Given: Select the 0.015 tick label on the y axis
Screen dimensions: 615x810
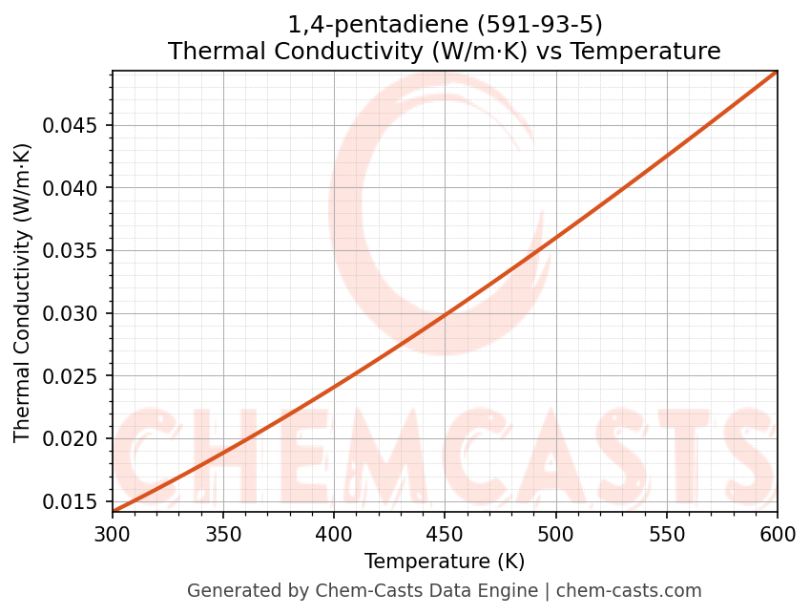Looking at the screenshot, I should (x=77, y=501).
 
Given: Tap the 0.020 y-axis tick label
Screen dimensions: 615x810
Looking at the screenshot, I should (x=77, y=439).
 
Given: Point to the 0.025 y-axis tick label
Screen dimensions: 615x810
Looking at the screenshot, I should (x=77, y=376).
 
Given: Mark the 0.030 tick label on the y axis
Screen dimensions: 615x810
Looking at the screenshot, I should (x=77, y=313).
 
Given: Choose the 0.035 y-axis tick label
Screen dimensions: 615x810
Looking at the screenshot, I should (x=77, y=251).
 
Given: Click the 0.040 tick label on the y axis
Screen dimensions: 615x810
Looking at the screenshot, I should (x=77, y=188).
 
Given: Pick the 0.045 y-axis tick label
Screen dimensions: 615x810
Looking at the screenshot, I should (x=77, y=125).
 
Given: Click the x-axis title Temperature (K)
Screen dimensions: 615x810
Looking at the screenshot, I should (x=445, y=561).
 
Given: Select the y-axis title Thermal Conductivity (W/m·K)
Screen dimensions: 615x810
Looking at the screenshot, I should (x=23, y=292).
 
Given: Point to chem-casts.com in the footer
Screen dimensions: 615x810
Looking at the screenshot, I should (x=629, y=591).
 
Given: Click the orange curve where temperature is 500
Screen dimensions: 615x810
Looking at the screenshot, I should (x=555, y=237).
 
